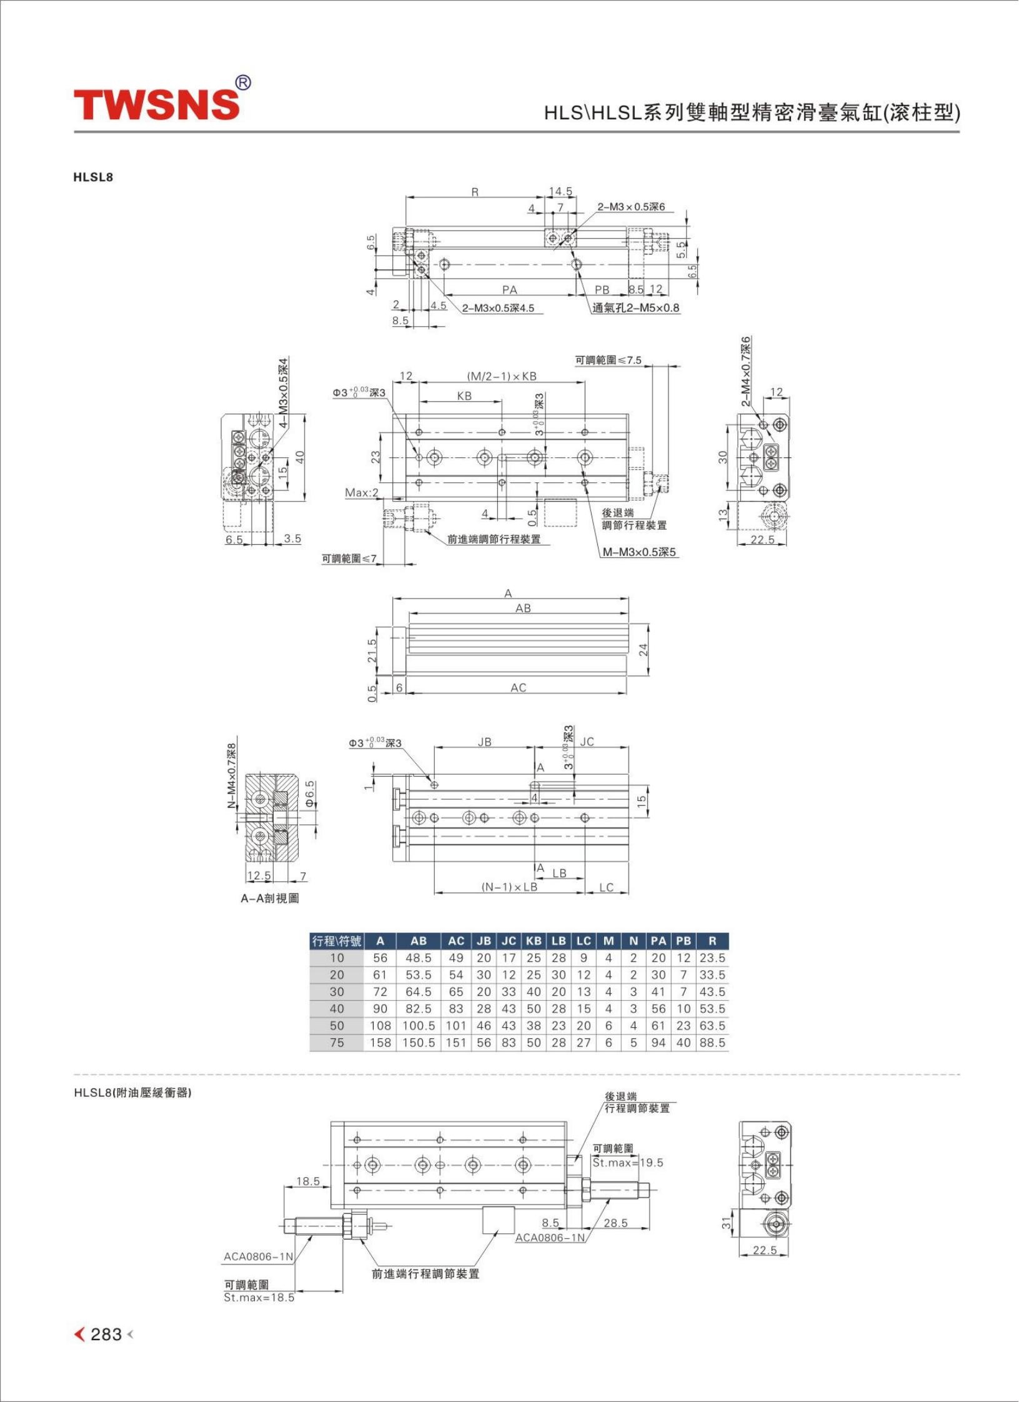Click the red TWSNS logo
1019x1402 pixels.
click(x=156, y=104)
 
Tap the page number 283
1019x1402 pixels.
click(x=106, y=1334)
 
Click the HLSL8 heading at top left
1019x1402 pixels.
click(x=93, y=177)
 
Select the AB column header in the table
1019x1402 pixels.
click(x=418, y=940)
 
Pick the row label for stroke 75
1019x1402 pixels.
click(x=337, y=1042)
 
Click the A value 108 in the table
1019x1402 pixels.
click(x=380, y=1025)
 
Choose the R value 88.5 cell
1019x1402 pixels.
click(x=712, y=1042)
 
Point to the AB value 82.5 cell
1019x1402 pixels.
click(x=418, y=1008)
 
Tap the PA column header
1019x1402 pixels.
click(x=658, y=940)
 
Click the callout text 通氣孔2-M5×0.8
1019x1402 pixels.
click(x=635, y=307)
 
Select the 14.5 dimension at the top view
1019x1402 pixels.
click(x=560, y=191)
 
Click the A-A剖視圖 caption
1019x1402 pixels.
click(x=270, y=898)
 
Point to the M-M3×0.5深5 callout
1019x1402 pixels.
click(x=639, y=552)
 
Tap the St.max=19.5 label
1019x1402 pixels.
click(x=628, y=1163)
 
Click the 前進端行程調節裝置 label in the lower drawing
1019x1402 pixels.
click(x=425, y=1274)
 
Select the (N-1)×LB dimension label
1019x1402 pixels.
click(x=509, y=887)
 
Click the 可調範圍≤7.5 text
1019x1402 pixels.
click(x=608, y=360)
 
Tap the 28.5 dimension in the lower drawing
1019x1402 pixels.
click(x=615, y=1223)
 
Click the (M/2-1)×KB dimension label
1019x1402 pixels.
click(x=502, y=376)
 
